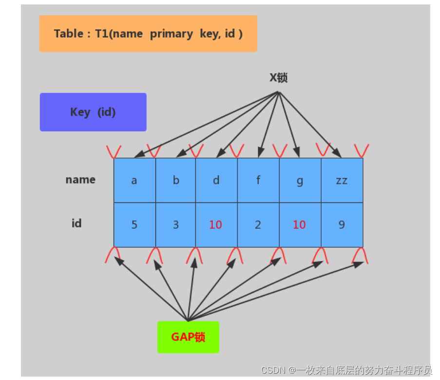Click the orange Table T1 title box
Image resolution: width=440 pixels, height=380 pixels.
pyautogui.click(x=148, y=34)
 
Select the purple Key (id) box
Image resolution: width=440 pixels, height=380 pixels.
pyautogui.click(x=93, y=112)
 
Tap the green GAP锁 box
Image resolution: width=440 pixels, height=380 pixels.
pyautogui.click(x=188, y=337)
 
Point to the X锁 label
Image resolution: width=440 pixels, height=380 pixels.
pyautogui.click(x=278, y=78)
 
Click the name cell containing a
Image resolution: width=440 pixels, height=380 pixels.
pyautogui.click(x=134, y=180)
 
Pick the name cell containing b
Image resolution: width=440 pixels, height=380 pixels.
pyautogui.click(x=176, y=180)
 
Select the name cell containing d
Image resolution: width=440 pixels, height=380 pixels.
pyautogui.click(x=216, y=180)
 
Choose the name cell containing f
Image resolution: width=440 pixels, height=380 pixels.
pyautogui.click(x=258, y=180)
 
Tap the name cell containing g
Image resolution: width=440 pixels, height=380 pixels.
pyautogui.click(x=300, y=181)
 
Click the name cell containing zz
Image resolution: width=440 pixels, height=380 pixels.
pyautogui.click(x=342, y=180)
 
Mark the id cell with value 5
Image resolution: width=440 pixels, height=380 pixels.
pyautogui.click(x=134, y=225)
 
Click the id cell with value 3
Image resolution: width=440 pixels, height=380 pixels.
pyautogui.click(x=176, y=225)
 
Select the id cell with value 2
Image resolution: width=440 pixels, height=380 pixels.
pyautogui.click(x=258, y=225)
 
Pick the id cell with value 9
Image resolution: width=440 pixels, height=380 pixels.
pyautogui.click(x=342, y=225)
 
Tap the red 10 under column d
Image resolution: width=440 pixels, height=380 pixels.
pyautogui.click(x=216, y=225)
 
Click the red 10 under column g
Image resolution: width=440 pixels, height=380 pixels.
pyautogui.click(x=300, y=225)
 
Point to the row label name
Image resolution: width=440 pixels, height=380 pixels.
pyautogui.click(x=80, y=180)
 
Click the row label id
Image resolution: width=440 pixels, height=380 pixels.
pyautogui.click(x=77, y=223)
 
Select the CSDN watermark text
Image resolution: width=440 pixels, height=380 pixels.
pyautogui.click(x=346, y=370)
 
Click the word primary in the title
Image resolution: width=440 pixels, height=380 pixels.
pyautogui.click(x=171, y=34)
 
